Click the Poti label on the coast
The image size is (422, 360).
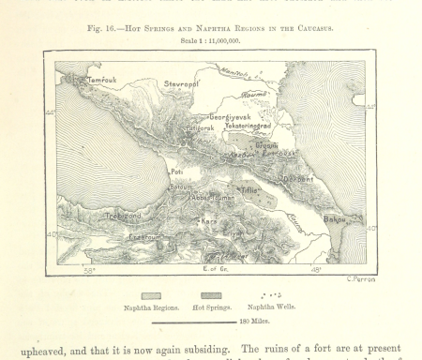(x=174, y=172)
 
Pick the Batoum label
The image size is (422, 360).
(x=180, y=187)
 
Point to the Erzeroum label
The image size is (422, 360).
(x=118, y=237)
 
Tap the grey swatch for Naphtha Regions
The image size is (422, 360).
(x=150, y=295)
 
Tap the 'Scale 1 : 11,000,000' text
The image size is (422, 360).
(x=210, y=40)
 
